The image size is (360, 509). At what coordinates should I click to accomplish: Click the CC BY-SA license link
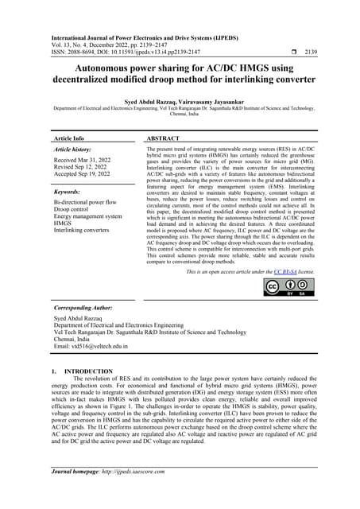[x=286, y=272]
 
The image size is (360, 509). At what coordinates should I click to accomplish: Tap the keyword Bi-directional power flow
[x=90, y=203]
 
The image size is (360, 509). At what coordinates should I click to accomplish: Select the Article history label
[x=75, y=149]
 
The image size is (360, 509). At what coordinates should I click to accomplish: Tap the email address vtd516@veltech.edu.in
[x=99, y=347]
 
